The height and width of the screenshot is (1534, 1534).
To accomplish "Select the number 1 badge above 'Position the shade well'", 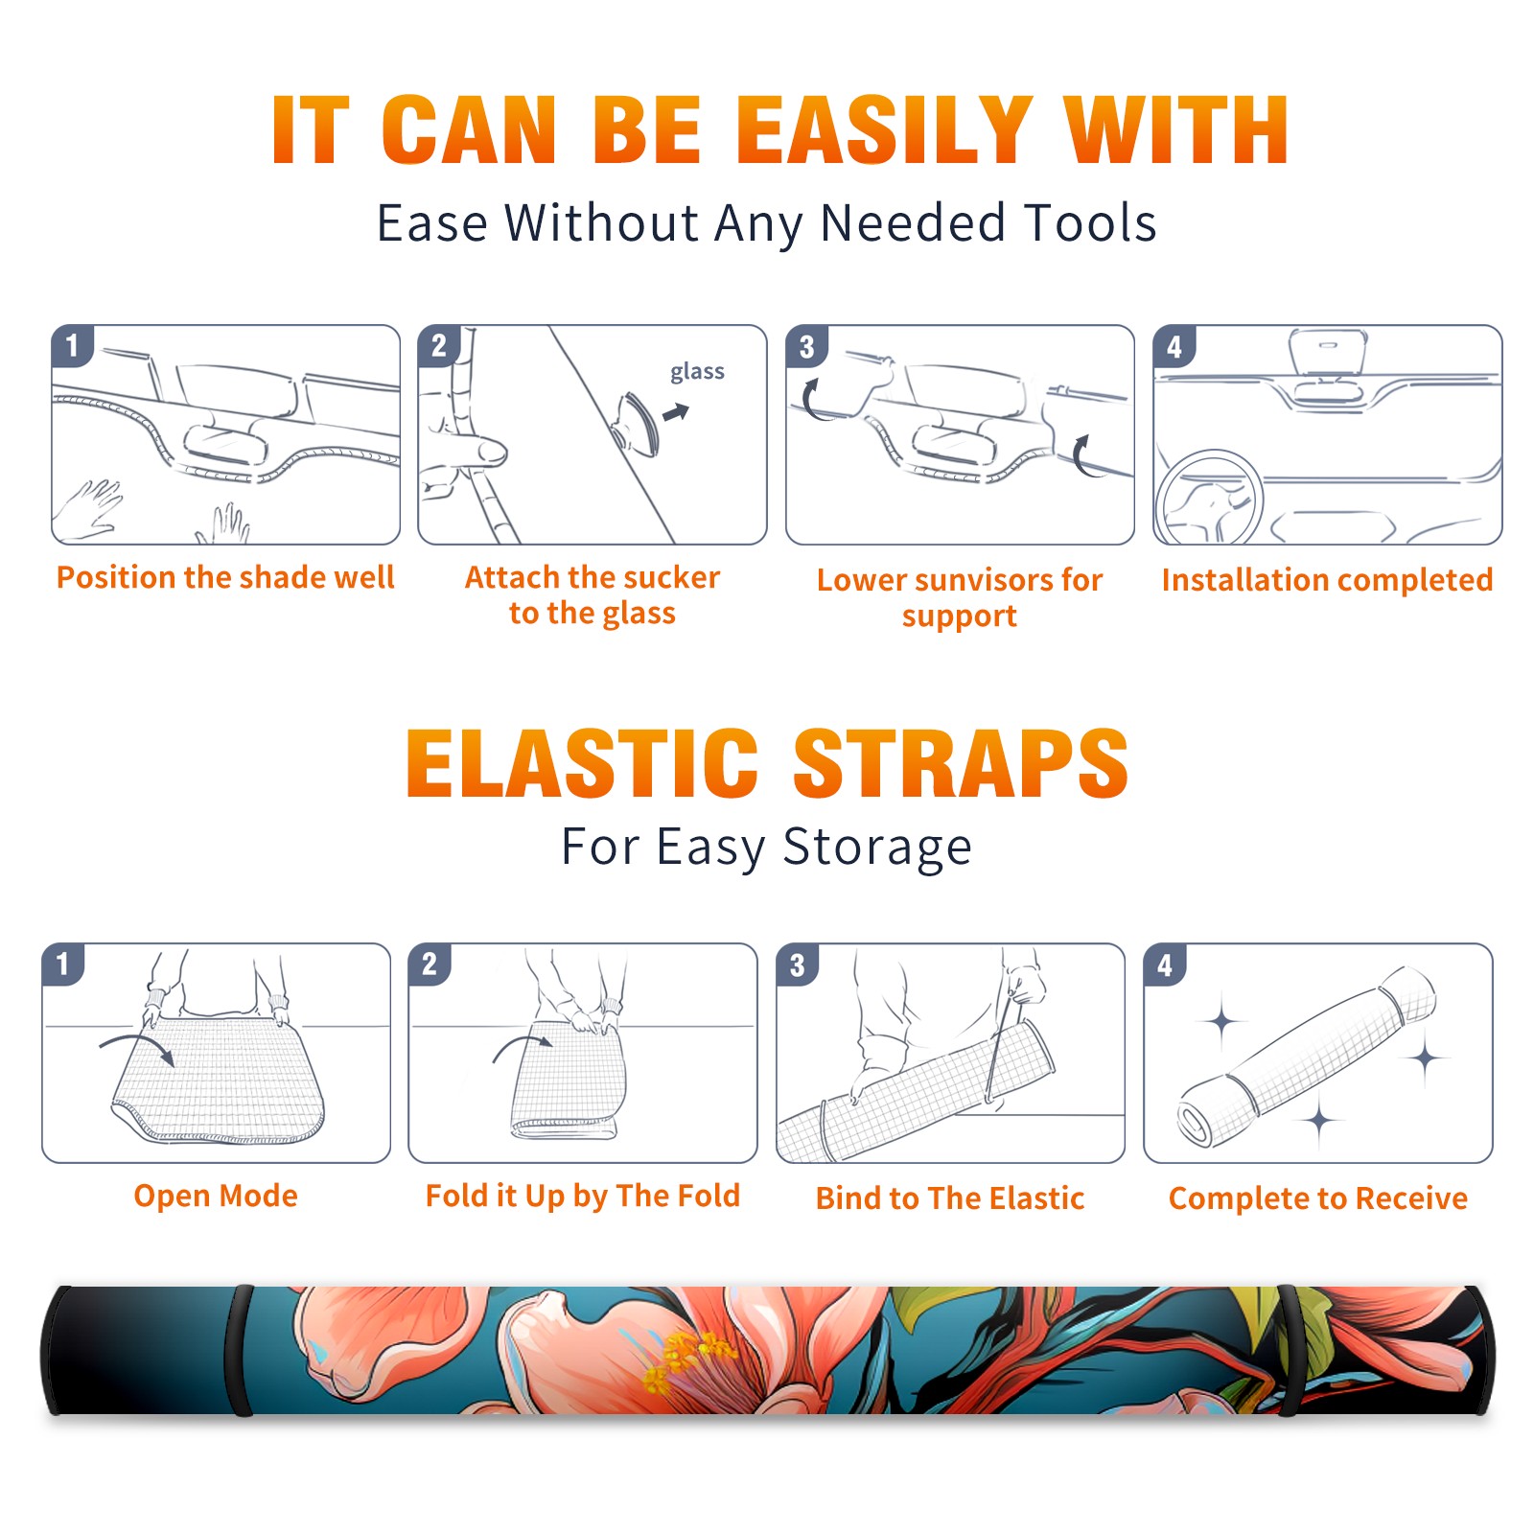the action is [x=72, y=345].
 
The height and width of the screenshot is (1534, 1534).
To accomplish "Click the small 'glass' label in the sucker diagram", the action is [x=697, y=372].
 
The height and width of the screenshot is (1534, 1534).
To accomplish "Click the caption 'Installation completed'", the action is [x=1327, y=579].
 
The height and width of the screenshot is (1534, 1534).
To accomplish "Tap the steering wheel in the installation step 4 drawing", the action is [x=1208, y=497].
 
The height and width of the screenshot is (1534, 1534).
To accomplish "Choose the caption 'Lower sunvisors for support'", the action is [x=960, y=597].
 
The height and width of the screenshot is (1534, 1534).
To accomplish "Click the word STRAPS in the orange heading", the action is [x=961, y=763].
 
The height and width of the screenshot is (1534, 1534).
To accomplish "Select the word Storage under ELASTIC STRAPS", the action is [x=876, y=848].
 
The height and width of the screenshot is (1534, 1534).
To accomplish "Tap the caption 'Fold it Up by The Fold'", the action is [x=583, y=1196].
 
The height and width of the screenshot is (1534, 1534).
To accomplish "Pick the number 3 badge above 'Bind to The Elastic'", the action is [x=798, y=965].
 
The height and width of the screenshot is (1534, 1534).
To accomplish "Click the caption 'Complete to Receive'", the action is [x=1318, y=1197].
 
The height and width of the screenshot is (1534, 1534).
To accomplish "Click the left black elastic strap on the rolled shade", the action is [x=239, y=1350].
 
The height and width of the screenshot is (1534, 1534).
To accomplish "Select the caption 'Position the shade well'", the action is [x=225, y=577].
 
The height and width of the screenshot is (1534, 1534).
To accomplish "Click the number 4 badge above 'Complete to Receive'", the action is [x=1165, y=965].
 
